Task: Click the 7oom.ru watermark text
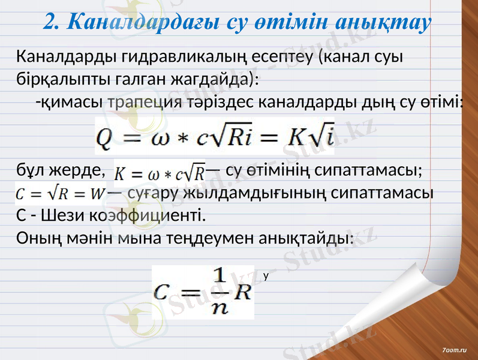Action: click(x=456, y=349)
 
